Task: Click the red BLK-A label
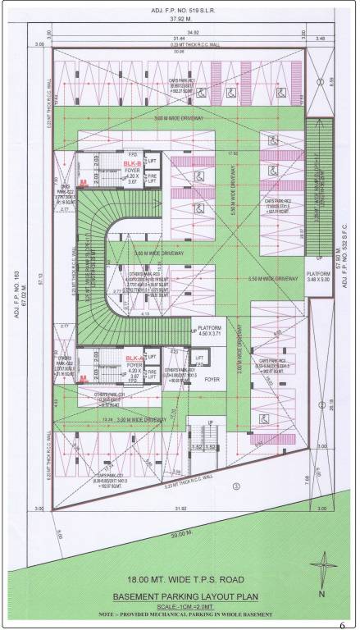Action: pos(133,358)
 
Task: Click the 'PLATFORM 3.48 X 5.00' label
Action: pos(317,277)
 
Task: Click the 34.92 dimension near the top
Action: pos(171,32)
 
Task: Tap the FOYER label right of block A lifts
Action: pos(212,380)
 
